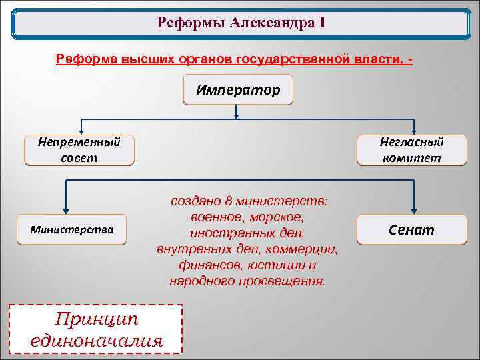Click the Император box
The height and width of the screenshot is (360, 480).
(237, 89)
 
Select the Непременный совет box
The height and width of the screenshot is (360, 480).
(79, 150)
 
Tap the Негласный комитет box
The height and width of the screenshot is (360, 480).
(411, 150)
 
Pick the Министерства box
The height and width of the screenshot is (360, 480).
(72, 230)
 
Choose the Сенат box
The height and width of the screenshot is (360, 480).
(411, 230)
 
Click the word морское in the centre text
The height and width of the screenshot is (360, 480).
(281, 218)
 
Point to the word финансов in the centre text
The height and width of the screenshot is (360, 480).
(203, 265)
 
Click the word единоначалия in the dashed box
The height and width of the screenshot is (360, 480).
(96, 341)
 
